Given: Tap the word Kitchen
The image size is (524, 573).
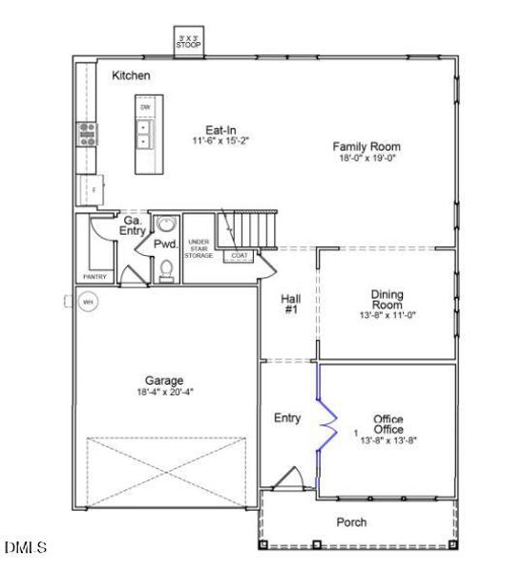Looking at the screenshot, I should (x=131, y=75).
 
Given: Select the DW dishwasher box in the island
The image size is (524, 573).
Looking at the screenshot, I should (x=146, y=107).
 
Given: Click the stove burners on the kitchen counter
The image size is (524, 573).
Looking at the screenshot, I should (x=89, y=133).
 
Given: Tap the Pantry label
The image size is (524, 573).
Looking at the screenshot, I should (x=95, y=277).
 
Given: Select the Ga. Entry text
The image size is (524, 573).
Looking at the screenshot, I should (x=132, y=225).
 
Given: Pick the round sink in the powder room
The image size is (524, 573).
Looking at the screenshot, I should (x=167, y=225).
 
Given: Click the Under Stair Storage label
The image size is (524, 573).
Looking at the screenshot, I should (x=199, y=249).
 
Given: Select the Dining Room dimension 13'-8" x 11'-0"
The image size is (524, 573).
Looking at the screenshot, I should (x=387, y=314).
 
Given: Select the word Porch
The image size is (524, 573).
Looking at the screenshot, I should (x=351, y=522).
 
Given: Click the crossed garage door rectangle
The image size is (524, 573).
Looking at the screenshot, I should (x=169, y=468).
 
